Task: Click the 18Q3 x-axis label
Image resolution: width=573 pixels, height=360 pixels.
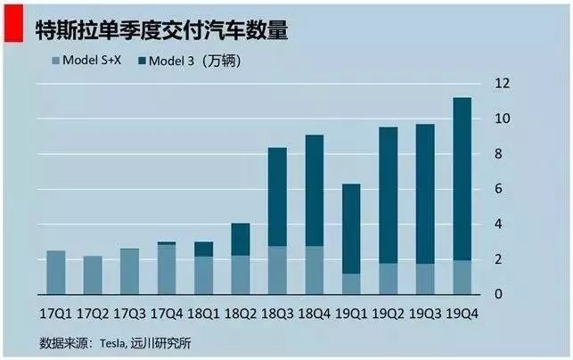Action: (x=278, y=315)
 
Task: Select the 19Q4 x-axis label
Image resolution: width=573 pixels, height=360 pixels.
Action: (x=462, y=315)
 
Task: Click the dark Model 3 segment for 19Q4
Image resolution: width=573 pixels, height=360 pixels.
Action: (x=462, y=178)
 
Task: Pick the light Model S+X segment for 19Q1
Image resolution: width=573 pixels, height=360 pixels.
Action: (x=352, y=283)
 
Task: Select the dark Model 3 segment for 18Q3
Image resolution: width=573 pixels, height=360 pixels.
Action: (x=278, y=196)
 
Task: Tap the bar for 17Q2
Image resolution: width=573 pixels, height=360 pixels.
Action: (x=94, y=275)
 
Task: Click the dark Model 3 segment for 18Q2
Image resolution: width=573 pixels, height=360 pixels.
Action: (x=241, y=239)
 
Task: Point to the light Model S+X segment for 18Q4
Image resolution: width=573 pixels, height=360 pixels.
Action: (x=315, y=270)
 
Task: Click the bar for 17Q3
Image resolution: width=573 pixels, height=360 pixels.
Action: (x=130, y=271)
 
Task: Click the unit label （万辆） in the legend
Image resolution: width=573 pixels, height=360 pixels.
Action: (x=220, y=61)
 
